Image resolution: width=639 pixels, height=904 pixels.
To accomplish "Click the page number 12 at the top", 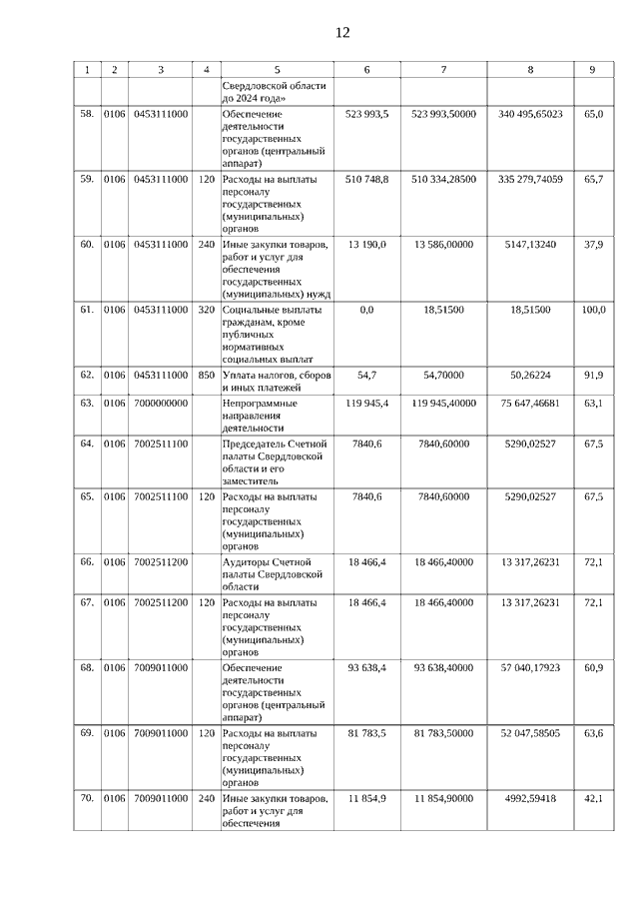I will [342, 33].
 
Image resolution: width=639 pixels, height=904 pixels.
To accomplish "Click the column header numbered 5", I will [277, 70].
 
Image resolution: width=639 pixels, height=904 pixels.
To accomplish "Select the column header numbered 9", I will [592, 70].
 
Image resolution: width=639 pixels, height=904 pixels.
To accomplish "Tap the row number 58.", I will [87, 115].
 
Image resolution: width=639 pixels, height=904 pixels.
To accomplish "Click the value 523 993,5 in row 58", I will [366, 115].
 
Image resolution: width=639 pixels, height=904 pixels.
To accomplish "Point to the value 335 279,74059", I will [530, 179].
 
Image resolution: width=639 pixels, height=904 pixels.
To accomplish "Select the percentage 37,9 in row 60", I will [593, 244].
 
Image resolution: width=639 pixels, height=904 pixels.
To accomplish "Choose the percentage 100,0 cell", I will [593, 310].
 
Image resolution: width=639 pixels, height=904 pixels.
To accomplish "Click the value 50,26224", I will [530, 375].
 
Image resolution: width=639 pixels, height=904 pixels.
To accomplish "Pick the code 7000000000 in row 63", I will [160, 403].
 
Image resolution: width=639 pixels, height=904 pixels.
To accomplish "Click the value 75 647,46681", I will [530, 403].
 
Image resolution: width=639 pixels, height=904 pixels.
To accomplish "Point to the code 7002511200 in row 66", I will [161, 562].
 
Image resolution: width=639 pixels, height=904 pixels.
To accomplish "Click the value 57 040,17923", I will [530, 667].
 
